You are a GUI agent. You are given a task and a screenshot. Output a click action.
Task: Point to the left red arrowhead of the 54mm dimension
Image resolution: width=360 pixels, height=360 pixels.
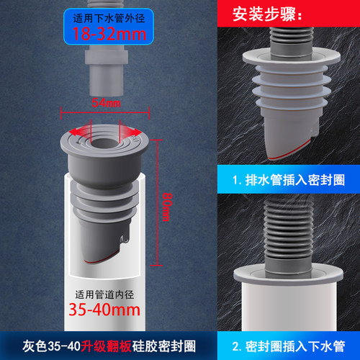65,113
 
